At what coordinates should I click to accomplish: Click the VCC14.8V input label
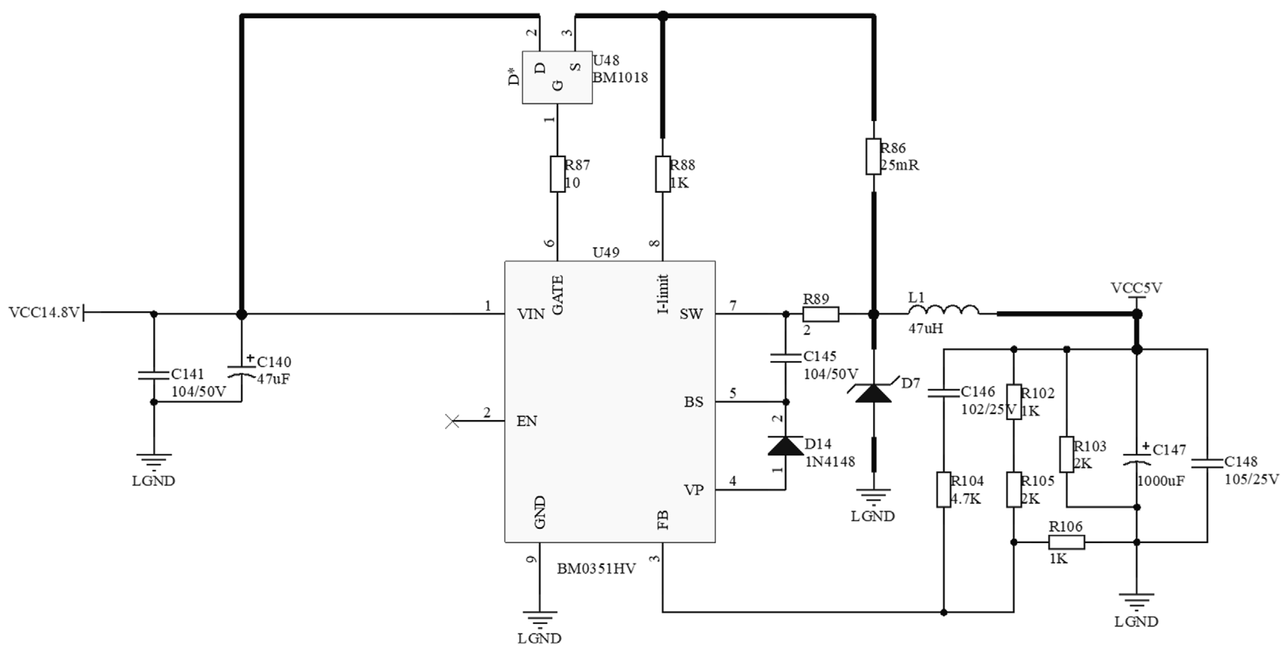pyautogui.click(x=44, y=313)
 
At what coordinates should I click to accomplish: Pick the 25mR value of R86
pyautogui.click(x=899, y=166)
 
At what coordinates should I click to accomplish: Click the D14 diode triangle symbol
pyautogui.click(x=785, y=446)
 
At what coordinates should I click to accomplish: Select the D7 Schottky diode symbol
pyautogui.click(x=873, y=393)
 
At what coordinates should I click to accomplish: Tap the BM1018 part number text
pyautogui.click(x=620, y=77)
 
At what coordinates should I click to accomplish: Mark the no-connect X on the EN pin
pyautogui.click(x=452, y=421)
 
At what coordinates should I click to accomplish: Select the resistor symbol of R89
pyautogui.click(x=821, y=314)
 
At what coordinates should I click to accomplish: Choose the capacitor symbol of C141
pyautogui.click(x=154, y=375)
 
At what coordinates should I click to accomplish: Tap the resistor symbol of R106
pyautogui.click(x=1066, y=542)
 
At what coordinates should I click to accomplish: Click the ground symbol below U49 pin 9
pyautogui.click(x=540, y=619)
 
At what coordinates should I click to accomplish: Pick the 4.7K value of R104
pyautogui.click(x=966, y=499)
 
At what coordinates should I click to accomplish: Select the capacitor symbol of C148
pyautogui.click(x=1207, y=463)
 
